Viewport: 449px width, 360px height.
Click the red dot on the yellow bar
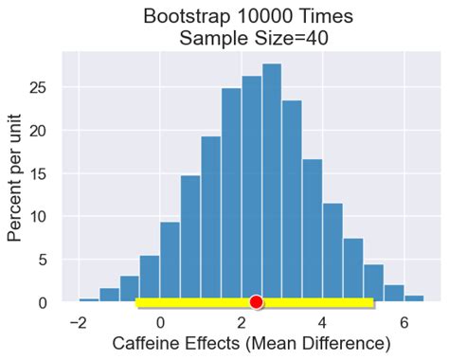click(256, 302)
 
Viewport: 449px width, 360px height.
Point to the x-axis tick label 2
click(242, 322)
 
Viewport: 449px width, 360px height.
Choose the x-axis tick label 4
click(323, 322)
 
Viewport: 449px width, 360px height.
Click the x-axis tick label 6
click(404, 322)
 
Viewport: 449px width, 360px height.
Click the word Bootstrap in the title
click(189, 16)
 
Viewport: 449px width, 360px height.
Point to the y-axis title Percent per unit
click(16, 176)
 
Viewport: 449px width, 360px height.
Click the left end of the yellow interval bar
click(138, 303)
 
